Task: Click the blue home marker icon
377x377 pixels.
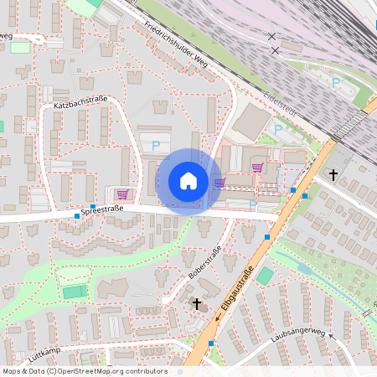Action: point(188,181)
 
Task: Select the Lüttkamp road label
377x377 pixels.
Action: point(47,354)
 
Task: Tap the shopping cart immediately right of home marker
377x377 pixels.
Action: point(219,183)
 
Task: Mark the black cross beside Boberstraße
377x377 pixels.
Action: point(197,303)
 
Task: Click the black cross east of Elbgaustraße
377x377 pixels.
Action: point(333,175)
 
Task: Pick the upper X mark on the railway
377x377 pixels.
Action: point(271,36)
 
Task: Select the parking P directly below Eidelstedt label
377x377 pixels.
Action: point(278,129)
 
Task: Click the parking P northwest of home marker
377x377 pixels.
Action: point(156,145)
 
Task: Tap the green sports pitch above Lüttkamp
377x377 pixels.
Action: point(75,292)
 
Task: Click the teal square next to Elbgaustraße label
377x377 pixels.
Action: point(265,276)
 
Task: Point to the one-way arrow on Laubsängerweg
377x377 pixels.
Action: point(330,336)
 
